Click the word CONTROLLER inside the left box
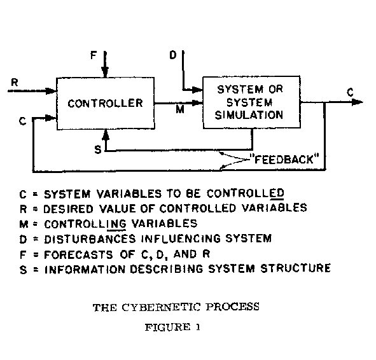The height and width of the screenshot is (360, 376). coord(105,103)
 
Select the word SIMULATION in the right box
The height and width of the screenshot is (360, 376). coord(249,115)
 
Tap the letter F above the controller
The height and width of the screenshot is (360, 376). coord(94,55)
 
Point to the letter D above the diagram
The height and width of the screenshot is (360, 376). coord(173,55)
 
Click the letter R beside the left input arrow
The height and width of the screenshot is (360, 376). coord(15,82)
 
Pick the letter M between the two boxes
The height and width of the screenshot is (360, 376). coord(180,109)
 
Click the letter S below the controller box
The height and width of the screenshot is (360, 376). coord(97,149)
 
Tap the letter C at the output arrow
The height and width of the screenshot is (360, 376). coord(350,92)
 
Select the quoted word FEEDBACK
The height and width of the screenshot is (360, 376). coord(284,159)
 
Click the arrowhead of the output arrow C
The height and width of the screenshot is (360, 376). coord(358,102)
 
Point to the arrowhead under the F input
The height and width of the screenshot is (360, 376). coord(105,73)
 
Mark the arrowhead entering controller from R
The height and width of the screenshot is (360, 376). coord(51,91)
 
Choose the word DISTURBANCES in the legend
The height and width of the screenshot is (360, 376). coord(90,239)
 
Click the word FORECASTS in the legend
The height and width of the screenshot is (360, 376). coord(78,255)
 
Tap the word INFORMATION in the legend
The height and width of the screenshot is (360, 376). coord(85,270)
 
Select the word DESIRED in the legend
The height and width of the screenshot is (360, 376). coord(68,209)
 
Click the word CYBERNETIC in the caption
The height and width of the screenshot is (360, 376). coord(161,307)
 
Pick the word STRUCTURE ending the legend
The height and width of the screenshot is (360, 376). coord(296,268)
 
